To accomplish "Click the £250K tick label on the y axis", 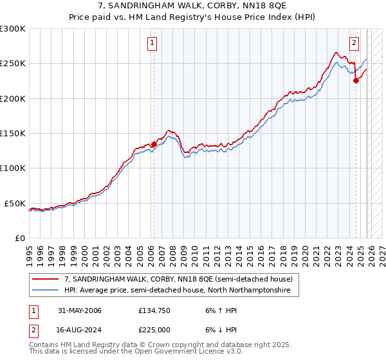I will (12, 64).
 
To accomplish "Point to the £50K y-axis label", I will (15, 203).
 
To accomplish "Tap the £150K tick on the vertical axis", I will (12, 134).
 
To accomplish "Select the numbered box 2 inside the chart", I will (354, 44).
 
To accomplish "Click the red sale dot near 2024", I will (356, 81).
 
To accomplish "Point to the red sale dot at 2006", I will (154, 144).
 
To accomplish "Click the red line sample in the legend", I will (46, 280).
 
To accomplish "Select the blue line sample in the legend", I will (46, 291).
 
